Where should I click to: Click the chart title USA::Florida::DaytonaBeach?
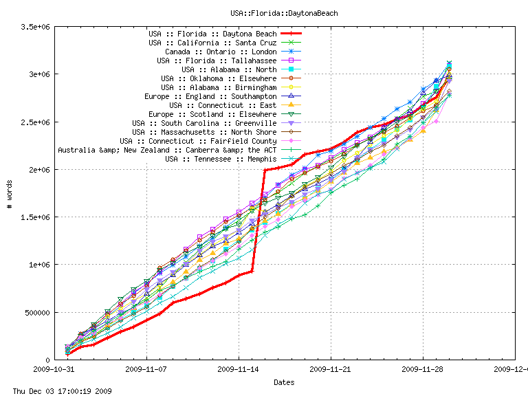pos(284,13)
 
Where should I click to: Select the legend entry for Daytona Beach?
pos(212,34)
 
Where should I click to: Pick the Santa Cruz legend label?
pos(212,43)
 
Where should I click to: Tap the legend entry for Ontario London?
pos(221,52)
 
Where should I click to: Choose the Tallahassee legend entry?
pos(217,60)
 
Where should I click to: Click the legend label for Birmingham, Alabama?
pos(219,87)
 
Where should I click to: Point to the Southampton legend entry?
pos(210,96)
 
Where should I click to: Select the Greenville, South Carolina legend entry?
pos(204,123)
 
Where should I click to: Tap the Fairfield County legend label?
pos(198,141)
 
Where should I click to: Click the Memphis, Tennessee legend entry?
pos(221,159)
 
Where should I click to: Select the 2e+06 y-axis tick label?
pos(38,170)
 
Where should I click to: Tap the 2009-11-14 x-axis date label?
pos(239,369)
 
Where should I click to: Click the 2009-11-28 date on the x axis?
pos(423,369)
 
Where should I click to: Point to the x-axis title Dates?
pos(284,382)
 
